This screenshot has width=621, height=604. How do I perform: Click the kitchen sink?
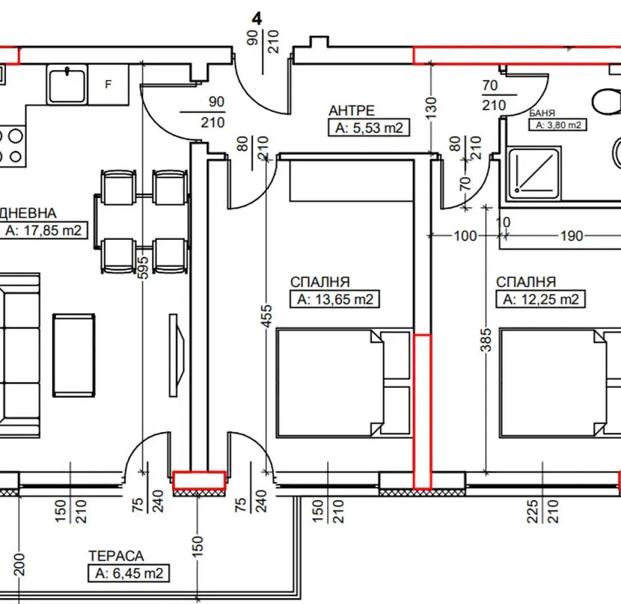pyautogui.click(x=67, y=84)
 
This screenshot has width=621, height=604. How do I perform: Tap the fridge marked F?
pyautogui.click(x=108, y=84)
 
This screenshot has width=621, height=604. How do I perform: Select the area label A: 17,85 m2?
pyautogui.click(x=43, y=230)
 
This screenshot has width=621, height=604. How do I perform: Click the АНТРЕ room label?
pyautogui.click(x=352, y=111)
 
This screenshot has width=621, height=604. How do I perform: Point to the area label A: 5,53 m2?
pyautogui.click(x=369, y=128)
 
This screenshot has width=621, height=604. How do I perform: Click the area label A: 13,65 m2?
pyautogui.click(x=335, y=299)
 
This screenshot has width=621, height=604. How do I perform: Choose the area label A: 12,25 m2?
pyautogui.click(x=541, y=299)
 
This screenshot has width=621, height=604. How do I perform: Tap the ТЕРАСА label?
pyautogui.click(x=116, y=555)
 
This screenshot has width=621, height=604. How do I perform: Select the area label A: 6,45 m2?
pyautogui.click(x=129, y=573)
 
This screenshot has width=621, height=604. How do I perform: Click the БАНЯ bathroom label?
pyautogui.click(x=542, y=113)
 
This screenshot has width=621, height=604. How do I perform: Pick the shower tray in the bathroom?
pyautogui.click(x=534, y=173)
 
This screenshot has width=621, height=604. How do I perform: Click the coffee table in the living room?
pyautogui.click(x=73, y=355)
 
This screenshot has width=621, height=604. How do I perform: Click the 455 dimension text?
pyautogui.click(x=267, y=315)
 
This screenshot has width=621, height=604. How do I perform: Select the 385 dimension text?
pyautogui.click(x=486, y=339)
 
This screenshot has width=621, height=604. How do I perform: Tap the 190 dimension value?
pyautogui.click(x=572, y=236)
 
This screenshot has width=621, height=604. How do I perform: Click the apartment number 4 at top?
pyautogui.click(x=257, y=19)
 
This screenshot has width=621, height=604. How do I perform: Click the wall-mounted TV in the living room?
pyautogui.click(x=177, y=355)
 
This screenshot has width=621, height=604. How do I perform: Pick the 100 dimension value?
pyautogui.click(x=465, y=236)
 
